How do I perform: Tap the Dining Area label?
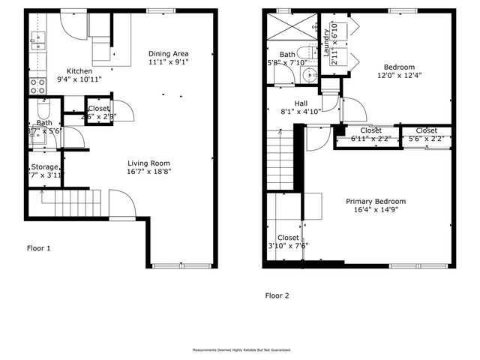pyautogui.click(x=167, y=53)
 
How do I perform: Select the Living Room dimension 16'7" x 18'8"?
pyautogui.click(x=148, y=172)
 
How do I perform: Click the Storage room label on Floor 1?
pyautogui.click(x=44, y=166)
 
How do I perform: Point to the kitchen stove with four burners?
pyautogui.click(x=37, y=86)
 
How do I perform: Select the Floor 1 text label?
pyautogui.click(x=39, y=247)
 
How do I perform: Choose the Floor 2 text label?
pyautogui.click(x=277, y=295)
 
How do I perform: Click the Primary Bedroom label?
pyautogui.click(x=375, y=201)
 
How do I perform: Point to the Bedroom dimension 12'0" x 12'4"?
pyautogui.click(x=399, y=75)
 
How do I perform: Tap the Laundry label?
pyautogui.click(x=326, y=45)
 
